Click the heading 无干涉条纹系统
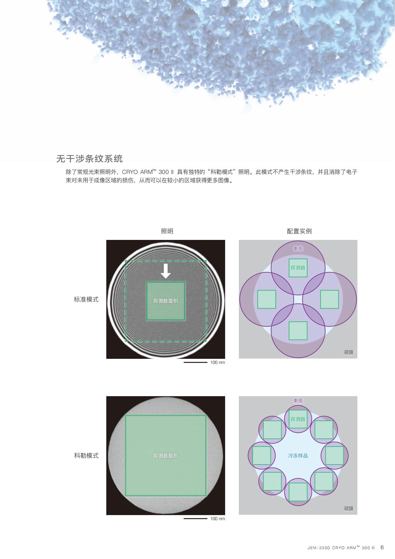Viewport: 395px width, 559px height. pyautogui.click(x=90, y=158)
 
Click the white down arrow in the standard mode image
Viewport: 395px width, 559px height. pyautogui.click(x=166, y=271)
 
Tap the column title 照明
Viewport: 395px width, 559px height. pyautogui.click(x=167, y=231)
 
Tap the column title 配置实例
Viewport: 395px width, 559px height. pyautogui.click(x=299, y=231)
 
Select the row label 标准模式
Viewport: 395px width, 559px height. pyautogui.click(x=86, y=299)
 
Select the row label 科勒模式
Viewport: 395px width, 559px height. pyautogui.click(x=86, y=456)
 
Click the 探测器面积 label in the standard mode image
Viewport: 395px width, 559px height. pyautogui.click(x=166, y=301)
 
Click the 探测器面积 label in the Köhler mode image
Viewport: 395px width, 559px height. pyautogui.click(x=166, y=456)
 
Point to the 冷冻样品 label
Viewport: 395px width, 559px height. pyautogui.click(x=298, y=456)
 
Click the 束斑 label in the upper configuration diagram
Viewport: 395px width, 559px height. pyautogui.click(x=298, y=249)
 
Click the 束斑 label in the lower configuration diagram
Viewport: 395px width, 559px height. pyautogui.click(x=298, y=401)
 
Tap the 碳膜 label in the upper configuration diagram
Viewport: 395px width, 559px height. pyautogui.click(x=349, y=352)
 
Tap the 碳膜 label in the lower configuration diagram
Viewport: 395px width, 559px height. pyautogui.click(x=349, y=509)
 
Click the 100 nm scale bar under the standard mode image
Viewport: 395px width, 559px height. pyautogui.click(x=196, y=362)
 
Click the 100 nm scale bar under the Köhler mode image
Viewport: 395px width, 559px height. pyautogui.click(x=196, y=519)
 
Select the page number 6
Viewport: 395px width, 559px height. pyautogui.click(x=382, y=547)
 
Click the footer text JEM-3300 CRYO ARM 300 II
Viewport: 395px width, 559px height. pyautogui.click(x=341, y=548)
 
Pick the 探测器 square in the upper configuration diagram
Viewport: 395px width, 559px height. pyautogui.click(x=298, y=268)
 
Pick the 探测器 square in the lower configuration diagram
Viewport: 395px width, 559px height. pyautogui.click(x=298, y=419)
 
